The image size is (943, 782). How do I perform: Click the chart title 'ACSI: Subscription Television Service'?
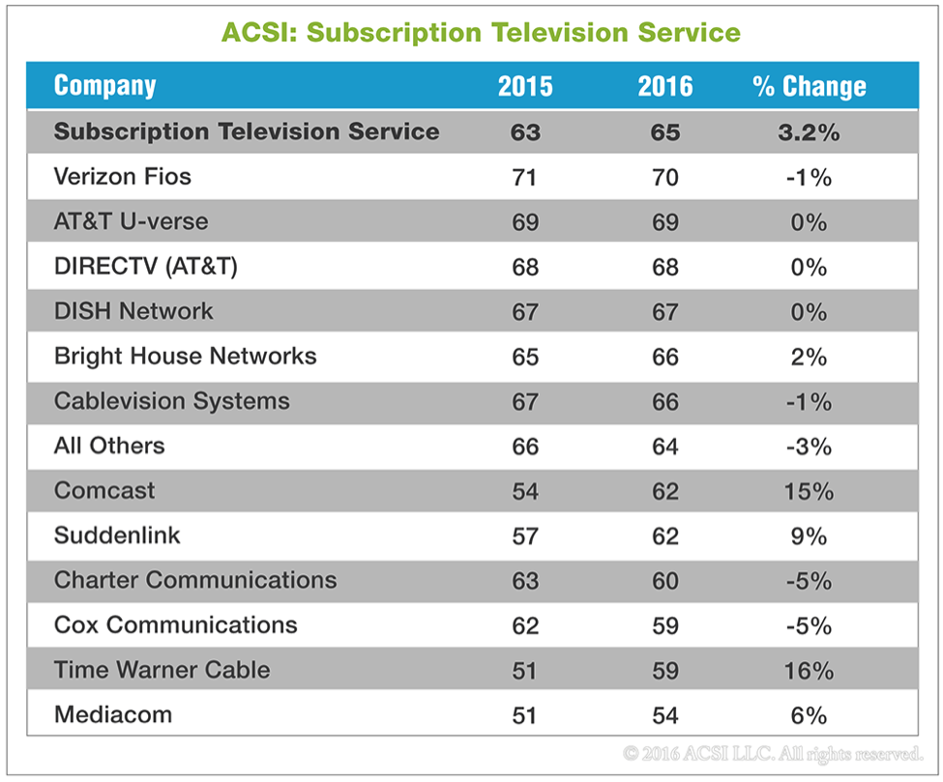tap(481, 32)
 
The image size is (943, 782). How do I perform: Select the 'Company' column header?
tap(104, 86)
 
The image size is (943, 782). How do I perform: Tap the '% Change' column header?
tap(809, 86)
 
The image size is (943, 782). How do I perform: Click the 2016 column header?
tap(664, 86)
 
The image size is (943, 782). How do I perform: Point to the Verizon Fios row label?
tap(123, 177)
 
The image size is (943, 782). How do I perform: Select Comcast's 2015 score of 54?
tap(525, 491)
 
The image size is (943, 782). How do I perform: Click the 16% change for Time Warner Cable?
tap(809, 670)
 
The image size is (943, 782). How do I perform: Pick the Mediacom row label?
tap(113, 715)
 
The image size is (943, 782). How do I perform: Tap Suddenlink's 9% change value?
tap(809, 536)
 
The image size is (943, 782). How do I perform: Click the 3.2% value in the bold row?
tap(809, 132)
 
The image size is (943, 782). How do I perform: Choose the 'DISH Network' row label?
tap(133, 311)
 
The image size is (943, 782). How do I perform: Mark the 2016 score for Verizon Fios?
tap(664, 177)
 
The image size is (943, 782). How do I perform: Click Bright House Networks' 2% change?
tap(809, 357)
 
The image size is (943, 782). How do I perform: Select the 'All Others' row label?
tap(109, 446)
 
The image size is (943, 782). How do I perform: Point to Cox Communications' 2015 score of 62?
tap(525, 625)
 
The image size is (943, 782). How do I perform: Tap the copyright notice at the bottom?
tap(773, 751)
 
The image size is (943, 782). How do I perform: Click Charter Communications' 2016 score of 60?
tap(664, 580)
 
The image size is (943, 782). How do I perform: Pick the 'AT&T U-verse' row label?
tap(131, 221)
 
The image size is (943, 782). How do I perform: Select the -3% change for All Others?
tap(809, 446)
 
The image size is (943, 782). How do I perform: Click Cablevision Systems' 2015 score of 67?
tap(525, 401)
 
